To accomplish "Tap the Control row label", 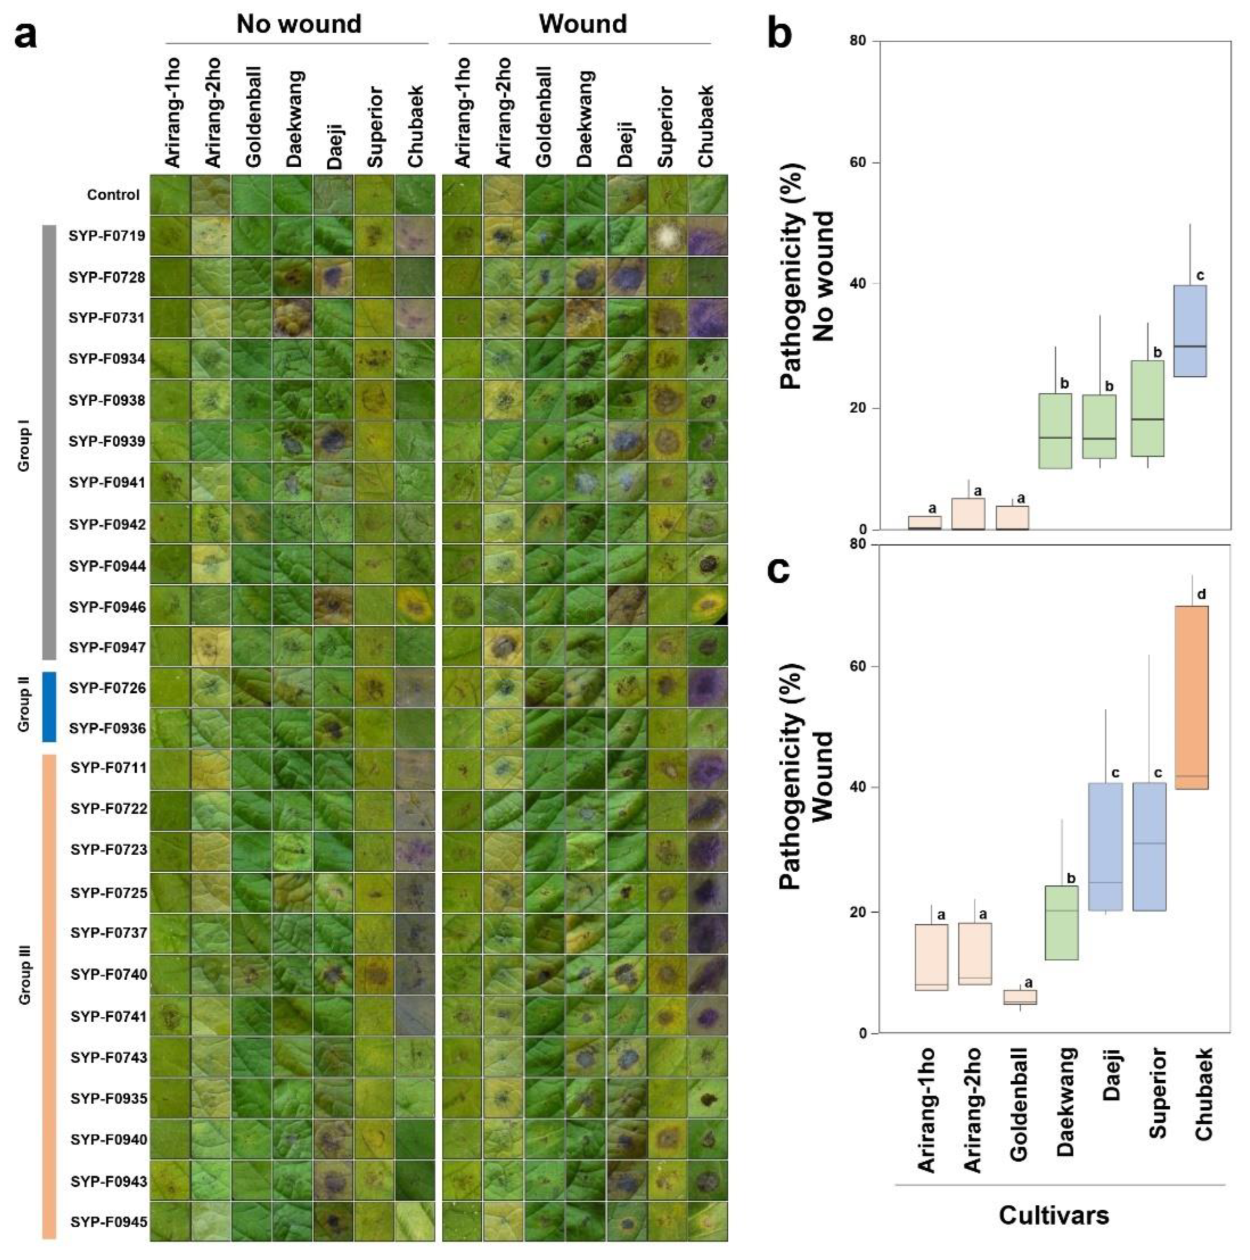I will coord(113,195).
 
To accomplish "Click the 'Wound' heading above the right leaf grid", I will coord(582,24).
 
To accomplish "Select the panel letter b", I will coord(779,34).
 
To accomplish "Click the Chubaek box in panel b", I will coord(1189,331).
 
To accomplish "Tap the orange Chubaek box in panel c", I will coord(1191,697).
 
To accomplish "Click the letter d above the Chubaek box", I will coord(1201,594).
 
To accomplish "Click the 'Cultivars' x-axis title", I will coord(1053,1215).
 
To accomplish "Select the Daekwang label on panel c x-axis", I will coord(1065,1102).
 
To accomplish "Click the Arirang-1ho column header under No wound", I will coord(171,112).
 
